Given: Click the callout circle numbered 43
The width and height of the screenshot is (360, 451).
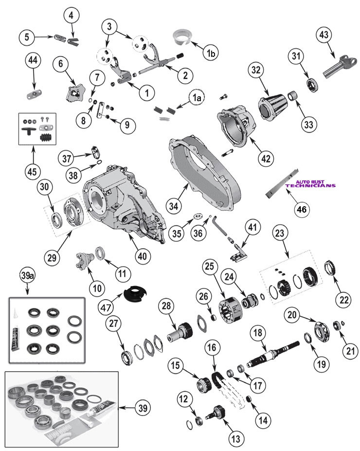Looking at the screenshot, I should (x=323, y=35).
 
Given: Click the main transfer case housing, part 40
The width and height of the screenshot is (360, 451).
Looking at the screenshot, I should (x=124, y=204).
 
